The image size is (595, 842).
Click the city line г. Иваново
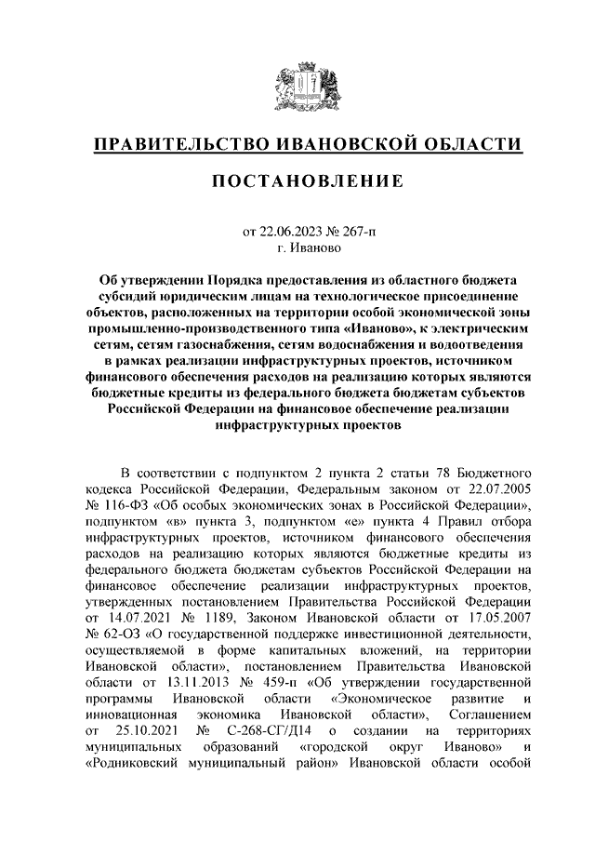pos(297,248)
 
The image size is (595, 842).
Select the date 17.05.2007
pos(496,619)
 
